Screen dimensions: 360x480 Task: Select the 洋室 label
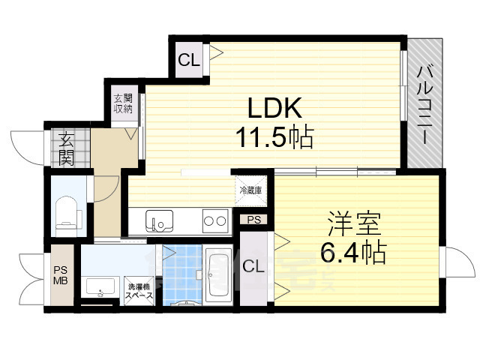tap(353, 224)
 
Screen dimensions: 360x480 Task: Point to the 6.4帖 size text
tap(353, 252)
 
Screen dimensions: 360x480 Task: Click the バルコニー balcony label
tap(424, 106)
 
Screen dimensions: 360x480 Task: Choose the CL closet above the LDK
tap(189, 61)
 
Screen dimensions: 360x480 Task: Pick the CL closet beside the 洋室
tap(253, 266)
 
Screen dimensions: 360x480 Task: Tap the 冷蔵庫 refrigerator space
tap(250, 190)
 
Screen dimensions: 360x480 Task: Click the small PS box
tap(254, 220)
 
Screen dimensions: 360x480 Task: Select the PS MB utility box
tap(60, 276)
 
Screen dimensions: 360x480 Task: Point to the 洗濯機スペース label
tap(139, 290)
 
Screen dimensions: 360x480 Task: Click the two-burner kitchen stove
tap(215, 221)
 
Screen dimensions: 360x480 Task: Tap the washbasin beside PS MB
tap(100, 287)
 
